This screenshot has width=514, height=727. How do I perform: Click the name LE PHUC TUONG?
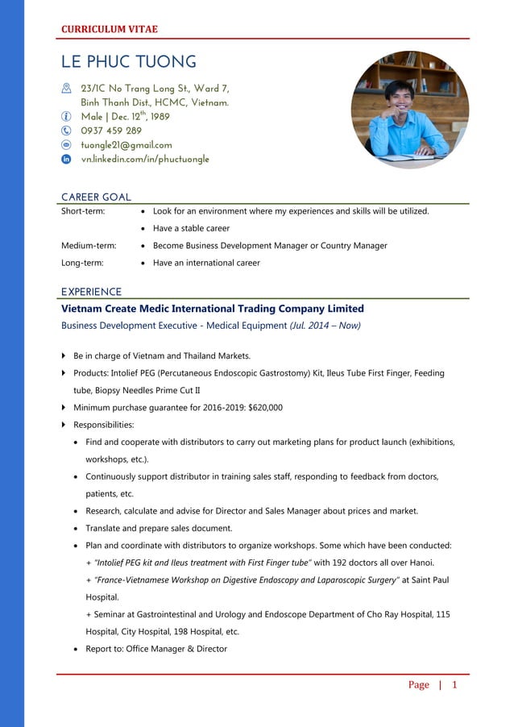coord(129,62)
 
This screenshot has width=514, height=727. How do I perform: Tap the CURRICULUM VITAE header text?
coord(110,29)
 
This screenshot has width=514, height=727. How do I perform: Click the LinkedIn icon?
coord(67,160)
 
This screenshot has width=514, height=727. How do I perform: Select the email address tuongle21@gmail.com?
coord(126,145)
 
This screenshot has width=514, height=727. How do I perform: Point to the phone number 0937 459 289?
coord(111,131)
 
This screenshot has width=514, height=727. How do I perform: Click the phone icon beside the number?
coord(67,131)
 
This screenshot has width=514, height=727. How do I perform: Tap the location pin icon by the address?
coord(67,88)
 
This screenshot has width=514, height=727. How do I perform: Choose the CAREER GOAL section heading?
coord(96,197)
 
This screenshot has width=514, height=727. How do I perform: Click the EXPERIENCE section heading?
coord(92,292)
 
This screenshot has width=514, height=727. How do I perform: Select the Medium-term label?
coord(89,246)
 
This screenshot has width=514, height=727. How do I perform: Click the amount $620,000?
coord(266,408)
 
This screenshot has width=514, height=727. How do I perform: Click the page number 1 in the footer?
coord(454,685)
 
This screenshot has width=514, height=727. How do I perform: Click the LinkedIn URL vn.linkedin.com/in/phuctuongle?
coord(145,160)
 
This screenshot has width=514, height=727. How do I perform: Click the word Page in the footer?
coord(418,685)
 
